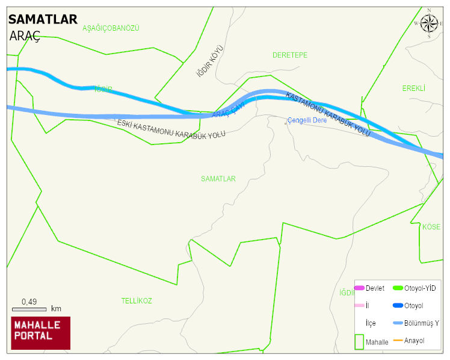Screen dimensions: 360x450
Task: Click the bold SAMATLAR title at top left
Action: [x=43, y=19]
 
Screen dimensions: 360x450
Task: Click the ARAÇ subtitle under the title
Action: [x=25, y=36]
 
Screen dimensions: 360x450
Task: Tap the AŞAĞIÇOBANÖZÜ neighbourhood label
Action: [x=111, y=28]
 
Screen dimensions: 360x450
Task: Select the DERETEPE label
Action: [x=289, y=55]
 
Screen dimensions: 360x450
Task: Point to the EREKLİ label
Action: [x=413, y=88]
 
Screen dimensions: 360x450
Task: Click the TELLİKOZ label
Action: [x=137, y=300]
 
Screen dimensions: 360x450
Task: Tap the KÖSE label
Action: [x=431, y=227]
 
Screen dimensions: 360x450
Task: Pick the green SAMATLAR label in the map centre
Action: [x=218, y=179]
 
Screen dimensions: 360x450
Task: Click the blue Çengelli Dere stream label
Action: [x=307, y=120]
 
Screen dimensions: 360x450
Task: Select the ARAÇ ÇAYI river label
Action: [x=229, y=113]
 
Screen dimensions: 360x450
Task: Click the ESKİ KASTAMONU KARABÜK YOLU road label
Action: [x=171, y=129]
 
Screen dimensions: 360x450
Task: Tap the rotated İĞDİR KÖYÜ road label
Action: [x=210, y=61]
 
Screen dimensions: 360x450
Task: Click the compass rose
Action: [x=429, y=23]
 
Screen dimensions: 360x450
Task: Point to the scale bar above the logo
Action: [x=29, y=309]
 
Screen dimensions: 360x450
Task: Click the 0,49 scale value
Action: [x=29, y=302]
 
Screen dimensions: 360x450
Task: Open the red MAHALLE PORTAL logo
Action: [x=41, y=333]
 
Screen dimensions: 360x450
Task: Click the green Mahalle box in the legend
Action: [x=359, y=341]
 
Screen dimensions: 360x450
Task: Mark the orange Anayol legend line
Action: [x=398, y=341]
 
